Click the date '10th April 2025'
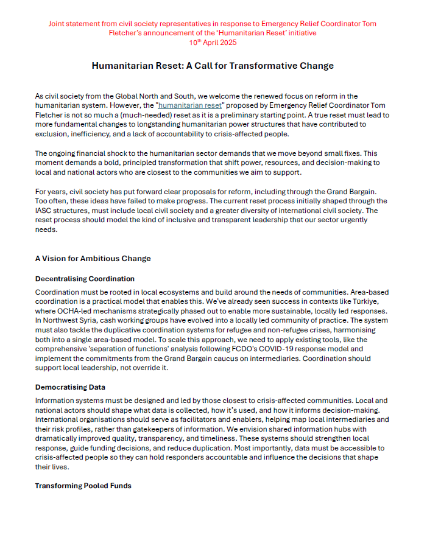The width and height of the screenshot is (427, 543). [213, 42]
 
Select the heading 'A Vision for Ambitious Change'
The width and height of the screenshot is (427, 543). [93, 258]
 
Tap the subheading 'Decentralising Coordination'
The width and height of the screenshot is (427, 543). [85, 279]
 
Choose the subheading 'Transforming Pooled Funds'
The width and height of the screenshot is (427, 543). [83, 485]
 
